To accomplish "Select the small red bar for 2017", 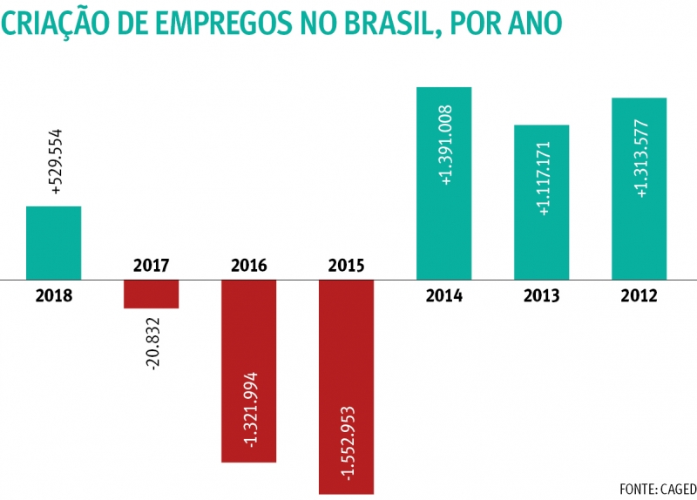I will point(151,294).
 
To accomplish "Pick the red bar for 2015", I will point(346,387).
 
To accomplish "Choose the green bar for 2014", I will point(443,183).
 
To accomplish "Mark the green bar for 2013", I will point(541,202).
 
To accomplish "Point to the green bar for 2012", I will point(639,188).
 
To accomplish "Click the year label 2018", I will point(53,294).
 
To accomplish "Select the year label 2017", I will point(151,265).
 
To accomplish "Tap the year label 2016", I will point(248,265).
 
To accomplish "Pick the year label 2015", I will point(346,265).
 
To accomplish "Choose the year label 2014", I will point(443,294).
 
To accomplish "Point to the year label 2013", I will point(541,294).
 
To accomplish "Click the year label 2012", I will point(639,294).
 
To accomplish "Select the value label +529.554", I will point(57,162).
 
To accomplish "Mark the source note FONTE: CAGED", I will point(657,487).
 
